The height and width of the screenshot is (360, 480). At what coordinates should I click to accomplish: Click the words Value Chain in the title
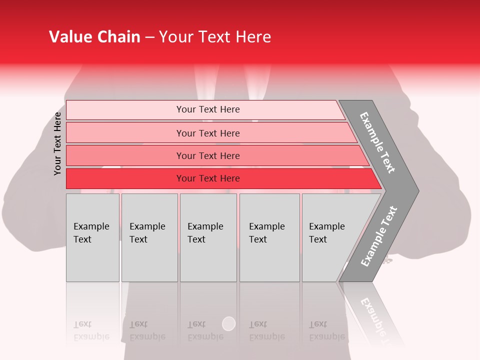click(x=94, y=37)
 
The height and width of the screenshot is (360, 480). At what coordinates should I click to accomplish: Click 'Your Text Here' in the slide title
click(x=215, y=37)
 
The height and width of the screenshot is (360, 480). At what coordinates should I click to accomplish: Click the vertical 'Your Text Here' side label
click(x=57, y=143)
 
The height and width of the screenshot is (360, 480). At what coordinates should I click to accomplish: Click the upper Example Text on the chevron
click(x=377, y=142)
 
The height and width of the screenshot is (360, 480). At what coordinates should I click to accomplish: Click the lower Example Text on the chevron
click(x=379, y=236)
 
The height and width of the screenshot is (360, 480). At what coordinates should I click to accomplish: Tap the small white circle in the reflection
click(x=228, y=323)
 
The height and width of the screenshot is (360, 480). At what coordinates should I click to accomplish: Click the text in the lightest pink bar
click(x=208, y=109)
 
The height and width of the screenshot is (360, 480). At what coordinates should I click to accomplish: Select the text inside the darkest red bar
click(x=208, y=178)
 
